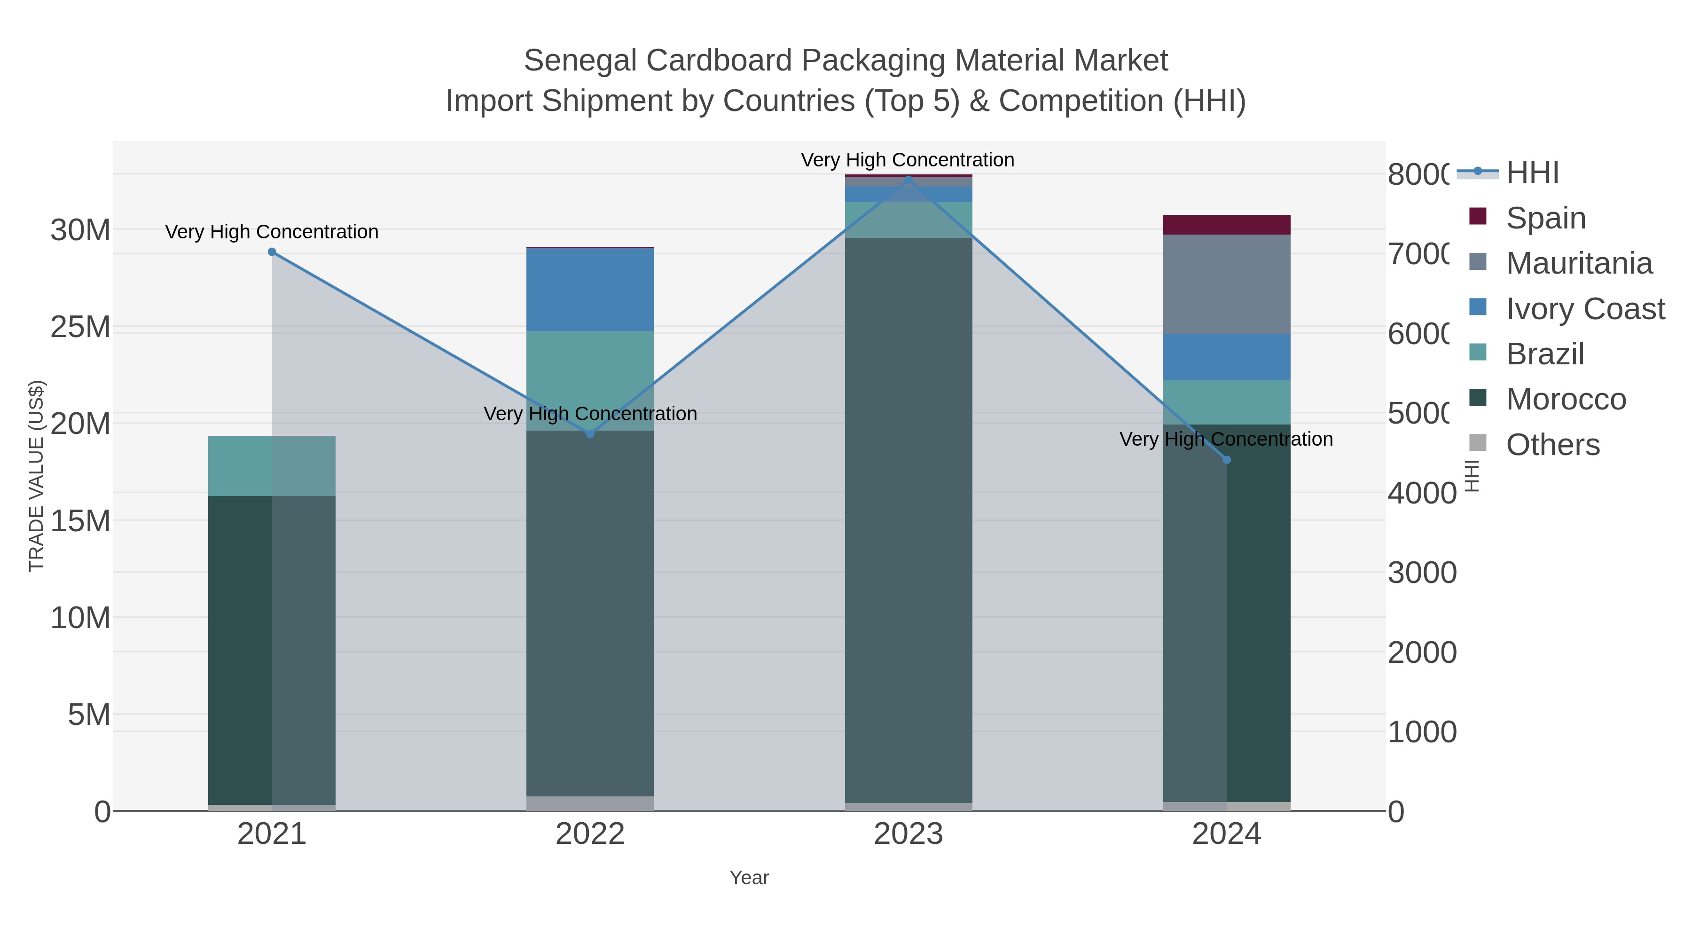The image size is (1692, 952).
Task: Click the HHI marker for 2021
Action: point(272,252)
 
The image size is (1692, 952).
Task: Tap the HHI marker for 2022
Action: point(590,433)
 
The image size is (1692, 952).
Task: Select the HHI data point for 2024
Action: point(1226,460)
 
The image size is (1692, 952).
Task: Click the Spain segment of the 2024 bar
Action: point(1226,225)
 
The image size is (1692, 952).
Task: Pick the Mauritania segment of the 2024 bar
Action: point(1226,284)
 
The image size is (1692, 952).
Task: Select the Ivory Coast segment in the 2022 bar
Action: point(590,289)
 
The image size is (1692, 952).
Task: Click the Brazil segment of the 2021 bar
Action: point(272,465)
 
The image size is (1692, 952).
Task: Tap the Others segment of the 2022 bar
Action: point(590,803)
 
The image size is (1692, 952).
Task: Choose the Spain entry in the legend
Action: point(1545,218)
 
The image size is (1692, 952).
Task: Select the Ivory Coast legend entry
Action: point(1585,309)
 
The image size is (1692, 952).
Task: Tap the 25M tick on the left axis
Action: point(80,327)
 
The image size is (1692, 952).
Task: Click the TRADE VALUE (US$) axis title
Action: point(36,476)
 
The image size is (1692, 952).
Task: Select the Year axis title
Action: point(749,878)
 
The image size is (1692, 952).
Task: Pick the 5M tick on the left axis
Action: point(89,715)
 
